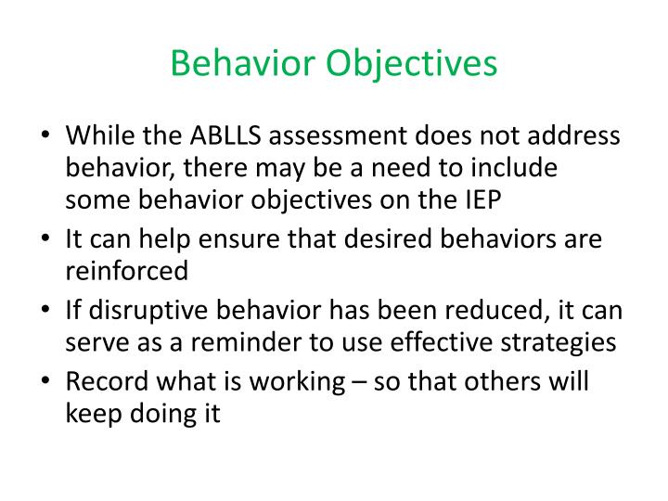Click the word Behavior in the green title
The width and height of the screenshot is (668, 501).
(x=243, y=63)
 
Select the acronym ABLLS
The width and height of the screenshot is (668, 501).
(x=228, y=136)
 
